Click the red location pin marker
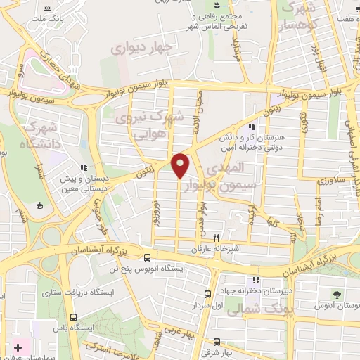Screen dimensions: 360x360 click(x=181, y=165)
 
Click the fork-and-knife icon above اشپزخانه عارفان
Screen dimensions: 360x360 click(x=217, y=238)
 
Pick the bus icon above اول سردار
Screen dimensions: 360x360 click(x=207, y=295)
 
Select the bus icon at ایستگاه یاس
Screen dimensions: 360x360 click(x=75, y=317)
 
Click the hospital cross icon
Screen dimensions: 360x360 click(x=18, y=348)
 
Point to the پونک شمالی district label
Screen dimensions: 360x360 click(x=247, y=305)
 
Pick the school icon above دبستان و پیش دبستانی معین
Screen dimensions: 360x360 click(x=83, y=167)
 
